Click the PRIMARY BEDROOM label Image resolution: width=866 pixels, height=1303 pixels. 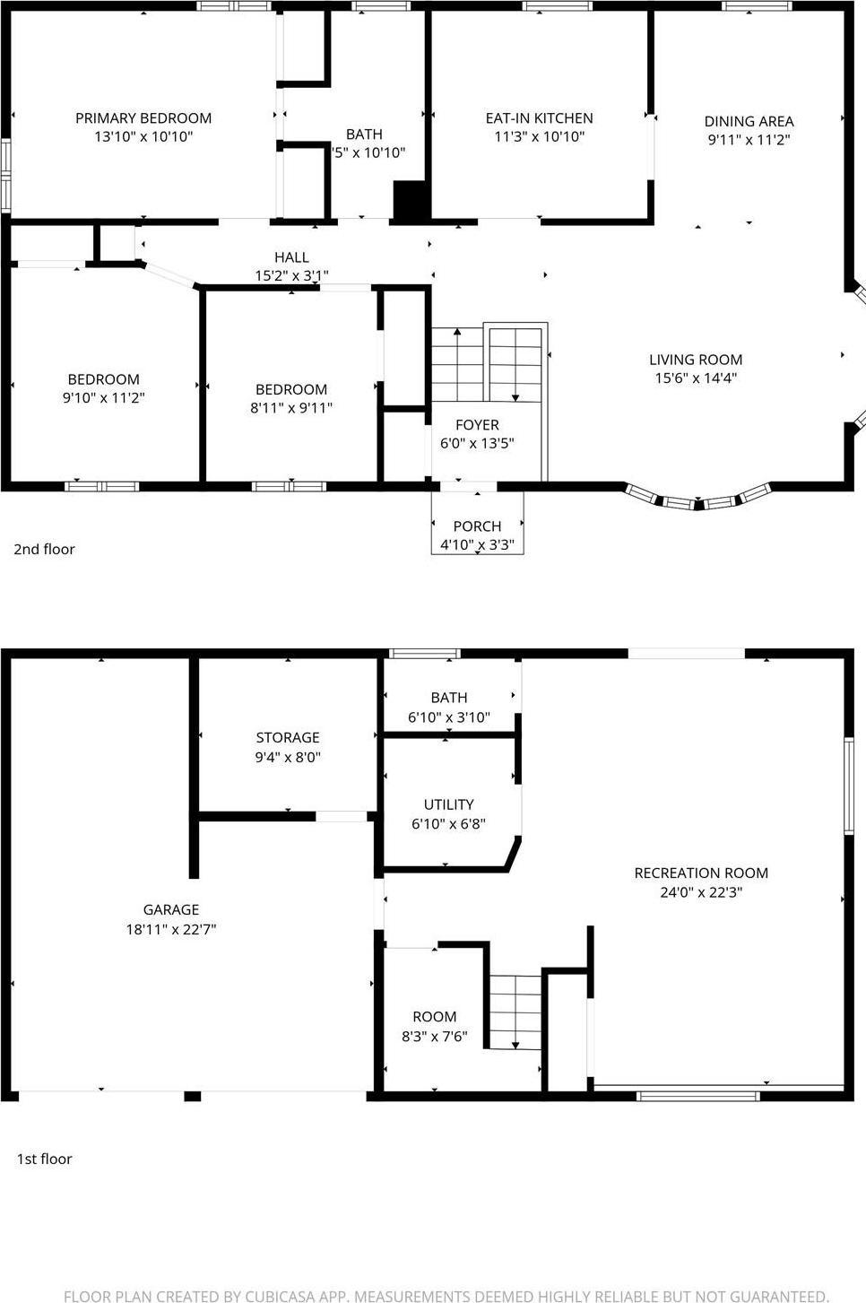pos(143,118)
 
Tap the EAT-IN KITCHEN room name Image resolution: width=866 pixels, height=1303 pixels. pos(539,118)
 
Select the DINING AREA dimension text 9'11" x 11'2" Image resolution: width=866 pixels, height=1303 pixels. pos(749,140)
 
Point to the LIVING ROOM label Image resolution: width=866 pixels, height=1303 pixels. pos(696,360)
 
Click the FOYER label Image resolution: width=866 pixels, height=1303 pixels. pos(477,425)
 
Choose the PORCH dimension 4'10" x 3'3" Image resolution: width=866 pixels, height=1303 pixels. pos(477,544)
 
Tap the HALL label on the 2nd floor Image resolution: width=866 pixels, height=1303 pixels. pos(291,257)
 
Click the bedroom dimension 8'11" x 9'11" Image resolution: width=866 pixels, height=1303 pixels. pos(291,408)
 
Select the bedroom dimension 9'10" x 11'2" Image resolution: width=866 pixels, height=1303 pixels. pos(103,398)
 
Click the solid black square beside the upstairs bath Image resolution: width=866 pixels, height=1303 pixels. pos(411,200)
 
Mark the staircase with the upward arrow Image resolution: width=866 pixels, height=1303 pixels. pos(457,365)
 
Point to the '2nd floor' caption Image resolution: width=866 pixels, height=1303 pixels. pos(44,549)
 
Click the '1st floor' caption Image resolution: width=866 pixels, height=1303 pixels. pos(44,1159)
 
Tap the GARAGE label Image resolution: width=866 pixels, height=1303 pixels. pos(170,909)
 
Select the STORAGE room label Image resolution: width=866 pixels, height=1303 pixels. pos(288,737)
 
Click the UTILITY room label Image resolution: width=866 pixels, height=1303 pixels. pos(448,804)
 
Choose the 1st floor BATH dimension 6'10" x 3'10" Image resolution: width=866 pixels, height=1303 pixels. pos(448,717)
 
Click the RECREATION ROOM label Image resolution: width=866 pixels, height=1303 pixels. pos(701,873)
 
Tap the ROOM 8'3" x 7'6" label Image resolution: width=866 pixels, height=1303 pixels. pos(434,1017)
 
